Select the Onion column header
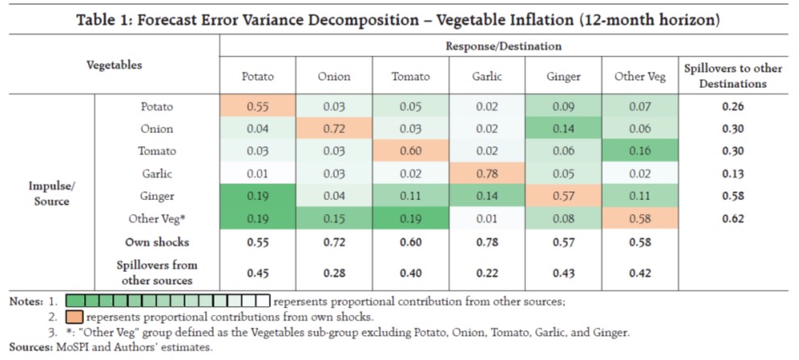pos(333,77)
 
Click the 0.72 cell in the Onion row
pos(333,128)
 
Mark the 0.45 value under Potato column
pos(258,272)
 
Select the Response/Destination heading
pos(504,48)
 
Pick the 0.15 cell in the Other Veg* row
pos(333,219)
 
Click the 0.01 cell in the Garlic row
pos(258,174)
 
